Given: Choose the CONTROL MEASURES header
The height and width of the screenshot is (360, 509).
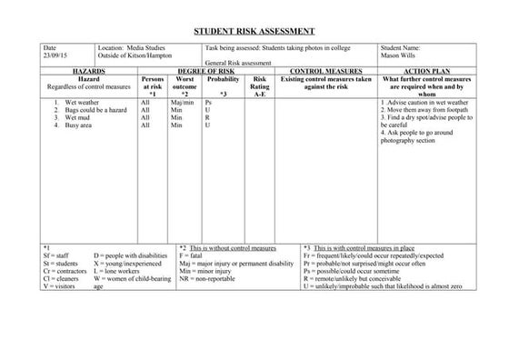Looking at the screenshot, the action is tap(325, 69).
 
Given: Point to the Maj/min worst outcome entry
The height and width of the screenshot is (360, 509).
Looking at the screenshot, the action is tap(183, 103).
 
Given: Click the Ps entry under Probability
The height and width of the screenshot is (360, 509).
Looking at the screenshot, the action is tap(209, 103).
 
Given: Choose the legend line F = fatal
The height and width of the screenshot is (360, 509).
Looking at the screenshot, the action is tap(191, 255).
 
